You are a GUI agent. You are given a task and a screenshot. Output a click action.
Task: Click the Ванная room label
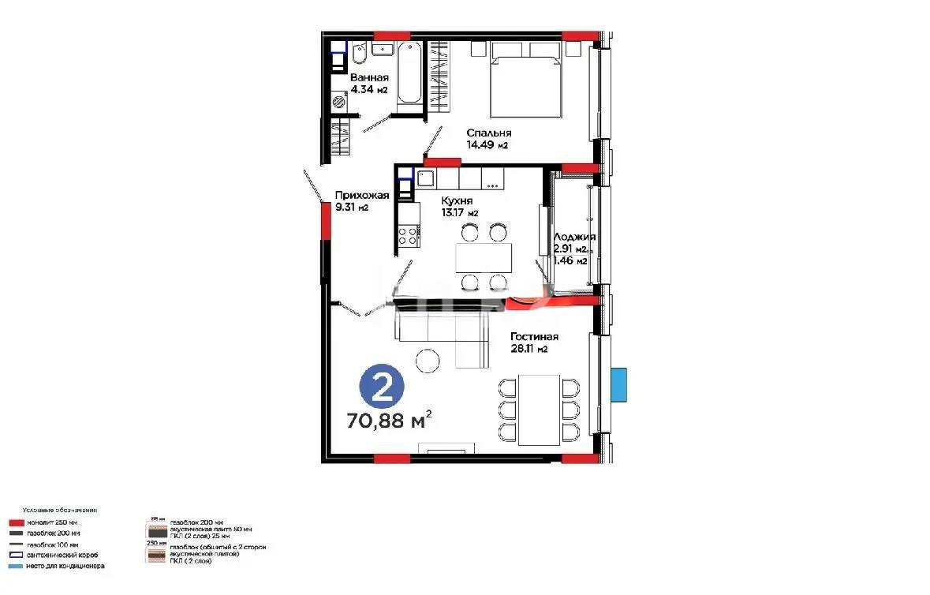(x=369, y=77)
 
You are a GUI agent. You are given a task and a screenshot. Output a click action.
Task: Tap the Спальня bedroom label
(x=488, y=133)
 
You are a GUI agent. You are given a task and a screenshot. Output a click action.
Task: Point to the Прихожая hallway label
(x=362, y=196)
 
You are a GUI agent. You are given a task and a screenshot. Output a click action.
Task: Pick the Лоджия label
(x=573, y=237)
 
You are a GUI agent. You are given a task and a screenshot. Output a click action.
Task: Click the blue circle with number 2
(x=382, y=387)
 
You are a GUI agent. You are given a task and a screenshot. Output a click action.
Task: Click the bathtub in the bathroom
(x=409, y=73)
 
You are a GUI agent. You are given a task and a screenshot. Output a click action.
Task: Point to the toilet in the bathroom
(x=358, y=56)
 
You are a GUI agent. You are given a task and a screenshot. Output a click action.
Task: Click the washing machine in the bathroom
(x=339, y=101)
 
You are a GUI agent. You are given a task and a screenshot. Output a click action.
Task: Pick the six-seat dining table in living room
(x=539, y=410)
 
